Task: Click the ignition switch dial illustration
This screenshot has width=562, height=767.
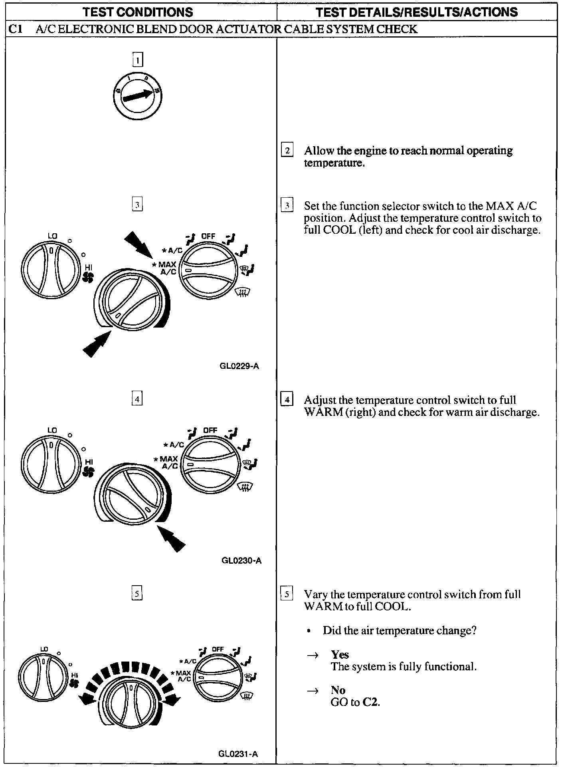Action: point(137,96)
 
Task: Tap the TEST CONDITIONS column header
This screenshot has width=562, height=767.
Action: point(138,12)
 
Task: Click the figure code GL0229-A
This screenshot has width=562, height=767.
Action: point(239,366)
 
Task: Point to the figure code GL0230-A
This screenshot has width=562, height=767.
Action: point(241,560)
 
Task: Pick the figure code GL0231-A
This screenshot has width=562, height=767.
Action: point(238,754)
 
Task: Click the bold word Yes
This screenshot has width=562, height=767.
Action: point(340,654)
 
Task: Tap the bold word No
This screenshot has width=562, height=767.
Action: point(338,690)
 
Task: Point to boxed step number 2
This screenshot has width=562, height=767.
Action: point(287,151)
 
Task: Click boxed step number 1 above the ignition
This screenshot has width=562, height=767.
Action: point(137,60)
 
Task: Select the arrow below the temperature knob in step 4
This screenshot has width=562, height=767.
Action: point(172,538)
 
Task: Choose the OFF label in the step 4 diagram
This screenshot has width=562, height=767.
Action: point(210,430)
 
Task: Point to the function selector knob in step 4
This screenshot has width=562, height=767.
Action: point(210,465)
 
